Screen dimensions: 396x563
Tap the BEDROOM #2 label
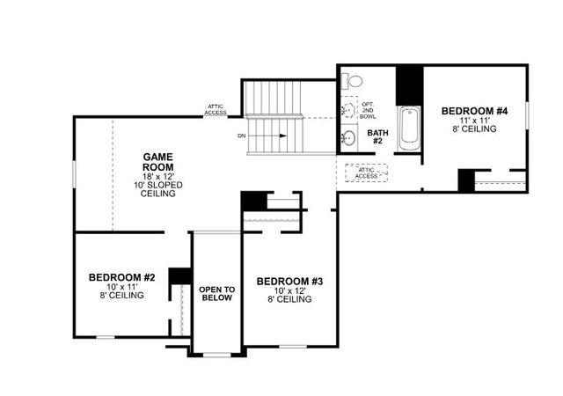coord(122,278)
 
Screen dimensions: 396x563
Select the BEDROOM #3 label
coord(290,282)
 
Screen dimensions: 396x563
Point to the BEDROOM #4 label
coord(475,111)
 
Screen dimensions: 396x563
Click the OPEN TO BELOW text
coord(216,293)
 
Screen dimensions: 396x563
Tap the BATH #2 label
coord(377,136)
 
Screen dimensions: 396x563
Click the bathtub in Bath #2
coord(409,129)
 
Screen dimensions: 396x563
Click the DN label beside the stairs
coord(242,136)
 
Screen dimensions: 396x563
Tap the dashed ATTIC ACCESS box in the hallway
coord(366,172)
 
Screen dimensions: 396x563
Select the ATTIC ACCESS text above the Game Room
coord(216,109)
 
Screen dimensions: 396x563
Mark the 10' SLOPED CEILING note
coord(158,189)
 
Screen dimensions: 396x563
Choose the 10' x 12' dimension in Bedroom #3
coord(290,290)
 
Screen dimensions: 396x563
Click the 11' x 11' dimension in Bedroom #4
coord(475,120)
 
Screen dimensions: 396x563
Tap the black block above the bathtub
coord(409,85)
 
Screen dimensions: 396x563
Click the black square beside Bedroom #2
coord(181,275)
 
